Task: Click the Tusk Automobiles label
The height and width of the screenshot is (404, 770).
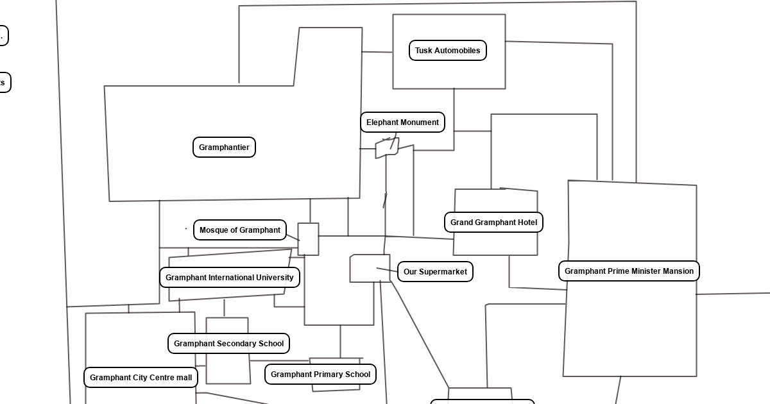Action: coord(448,51)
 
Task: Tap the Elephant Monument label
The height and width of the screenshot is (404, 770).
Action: coord(402,122)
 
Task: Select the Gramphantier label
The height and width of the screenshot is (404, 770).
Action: coord(224,147)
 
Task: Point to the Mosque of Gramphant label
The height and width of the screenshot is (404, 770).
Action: coord(240,230)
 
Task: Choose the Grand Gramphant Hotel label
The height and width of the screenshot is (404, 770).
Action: coord(493,223)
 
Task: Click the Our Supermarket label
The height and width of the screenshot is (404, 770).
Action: coord(435,272)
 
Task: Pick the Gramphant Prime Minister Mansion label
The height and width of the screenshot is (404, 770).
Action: coord(629,271)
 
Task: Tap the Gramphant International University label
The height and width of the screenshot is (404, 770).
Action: coord(230,278)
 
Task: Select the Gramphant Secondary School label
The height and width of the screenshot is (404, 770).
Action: coord(228,344)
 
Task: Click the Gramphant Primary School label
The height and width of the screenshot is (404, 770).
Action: coord(320,375)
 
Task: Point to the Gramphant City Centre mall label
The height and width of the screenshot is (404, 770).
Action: coord(141,378)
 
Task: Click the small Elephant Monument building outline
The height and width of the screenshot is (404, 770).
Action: coord(387,148)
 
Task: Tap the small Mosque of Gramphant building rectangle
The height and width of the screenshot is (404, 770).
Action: coord(308,239)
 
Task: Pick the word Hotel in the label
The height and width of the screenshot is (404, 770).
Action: coord(526,223)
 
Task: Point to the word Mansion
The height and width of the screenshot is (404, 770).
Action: coord(677,271)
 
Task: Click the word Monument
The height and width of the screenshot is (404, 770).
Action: coord(420,122)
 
